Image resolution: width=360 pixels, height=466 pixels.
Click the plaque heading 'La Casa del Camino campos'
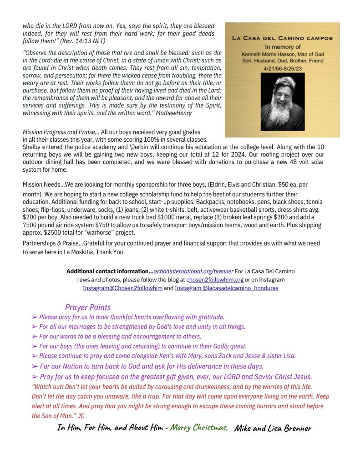[x=282, y=39]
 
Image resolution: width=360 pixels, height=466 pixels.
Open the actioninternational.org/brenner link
[x=193, y=271]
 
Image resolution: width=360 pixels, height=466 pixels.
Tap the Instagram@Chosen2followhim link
[x=122, y=288]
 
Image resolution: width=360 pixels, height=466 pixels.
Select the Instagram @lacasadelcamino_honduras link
[x=226, y=288]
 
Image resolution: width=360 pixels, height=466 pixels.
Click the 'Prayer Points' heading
[x=88, y=307]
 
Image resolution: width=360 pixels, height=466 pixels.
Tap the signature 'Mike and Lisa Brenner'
[x=273, y=428]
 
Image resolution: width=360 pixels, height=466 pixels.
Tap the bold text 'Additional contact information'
[x=109, y=271]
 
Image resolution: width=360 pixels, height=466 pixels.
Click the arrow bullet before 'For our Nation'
[x=35, y=366]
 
